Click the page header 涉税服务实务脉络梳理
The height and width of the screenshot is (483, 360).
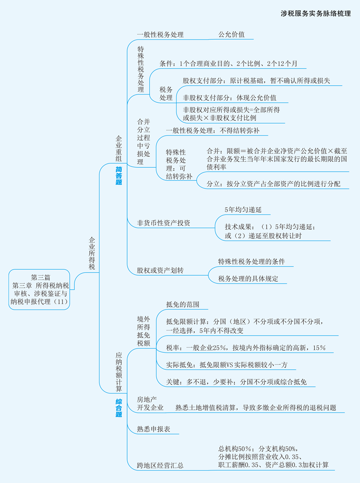315,13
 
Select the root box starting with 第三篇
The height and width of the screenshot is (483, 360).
40,289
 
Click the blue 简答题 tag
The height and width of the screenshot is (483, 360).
119,176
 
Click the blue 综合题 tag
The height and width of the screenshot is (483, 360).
119,408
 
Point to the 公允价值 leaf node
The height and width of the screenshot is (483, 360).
231,35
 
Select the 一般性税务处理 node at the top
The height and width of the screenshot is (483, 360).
160,35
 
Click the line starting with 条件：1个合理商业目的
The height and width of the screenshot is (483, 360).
228,63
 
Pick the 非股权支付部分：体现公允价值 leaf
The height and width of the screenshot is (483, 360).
229,98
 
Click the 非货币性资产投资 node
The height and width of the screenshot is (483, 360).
163,223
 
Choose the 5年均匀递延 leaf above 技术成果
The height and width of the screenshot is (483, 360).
243,210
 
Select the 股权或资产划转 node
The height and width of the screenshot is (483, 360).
160,271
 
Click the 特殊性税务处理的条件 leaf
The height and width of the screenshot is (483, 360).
252,262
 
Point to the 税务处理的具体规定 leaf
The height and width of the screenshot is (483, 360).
248,278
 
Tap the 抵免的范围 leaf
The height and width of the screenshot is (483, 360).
183,304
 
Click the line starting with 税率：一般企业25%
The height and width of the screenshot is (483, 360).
246,348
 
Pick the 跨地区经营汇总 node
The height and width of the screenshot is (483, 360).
160,465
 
